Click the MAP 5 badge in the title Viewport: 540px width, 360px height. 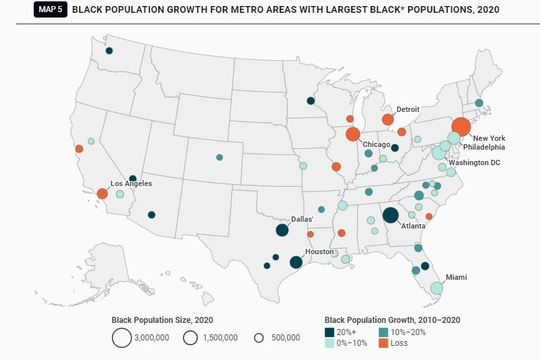51,10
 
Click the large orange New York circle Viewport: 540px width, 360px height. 461,127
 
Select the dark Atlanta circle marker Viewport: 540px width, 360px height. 390,215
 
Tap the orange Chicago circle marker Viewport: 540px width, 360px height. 353,134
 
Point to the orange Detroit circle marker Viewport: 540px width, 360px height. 388,119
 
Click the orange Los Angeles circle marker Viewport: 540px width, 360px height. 102,193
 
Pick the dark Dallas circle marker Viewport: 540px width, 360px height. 282,230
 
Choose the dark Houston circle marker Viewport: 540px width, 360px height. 295,262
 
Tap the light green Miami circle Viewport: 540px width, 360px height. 436,289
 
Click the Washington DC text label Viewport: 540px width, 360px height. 474,163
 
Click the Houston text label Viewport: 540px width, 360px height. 319,251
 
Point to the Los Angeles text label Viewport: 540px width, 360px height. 131,183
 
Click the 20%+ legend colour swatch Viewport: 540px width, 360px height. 330,332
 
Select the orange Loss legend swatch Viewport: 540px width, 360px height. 382,343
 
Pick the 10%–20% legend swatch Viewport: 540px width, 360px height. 382,332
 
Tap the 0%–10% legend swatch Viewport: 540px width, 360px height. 330,343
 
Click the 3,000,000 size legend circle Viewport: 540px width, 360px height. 121,338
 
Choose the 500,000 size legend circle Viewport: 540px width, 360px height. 258,338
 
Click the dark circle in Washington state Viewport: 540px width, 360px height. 109,51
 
